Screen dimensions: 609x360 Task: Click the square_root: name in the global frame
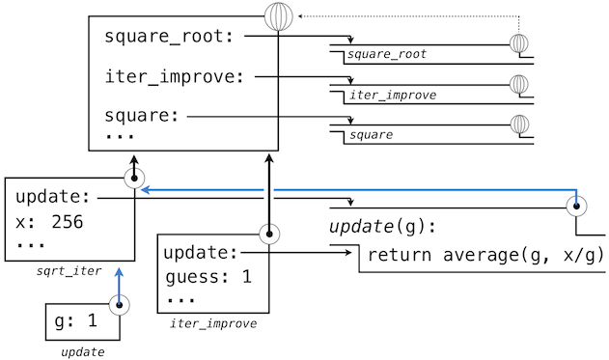(169, 37)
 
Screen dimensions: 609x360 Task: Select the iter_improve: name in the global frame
(175, 76)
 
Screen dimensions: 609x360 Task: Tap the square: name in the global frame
(142, 116)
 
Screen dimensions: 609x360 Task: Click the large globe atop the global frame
(279, 16)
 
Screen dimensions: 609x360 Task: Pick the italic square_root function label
(387, 54)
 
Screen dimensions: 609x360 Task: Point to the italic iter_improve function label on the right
(393, 96)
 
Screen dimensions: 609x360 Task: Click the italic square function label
(371, 135)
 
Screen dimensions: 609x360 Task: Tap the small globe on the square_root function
(519, 43)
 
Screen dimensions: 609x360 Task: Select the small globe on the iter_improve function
(519, 84)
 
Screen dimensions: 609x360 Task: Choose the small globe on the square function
(519, 125)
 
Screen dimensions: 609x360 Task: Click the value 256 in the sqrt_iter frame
(68, 222)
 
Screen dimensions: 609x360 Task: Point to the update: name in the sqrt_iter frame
(53, 197)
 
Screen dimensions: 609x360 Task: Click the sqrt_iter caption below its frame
(69, 270)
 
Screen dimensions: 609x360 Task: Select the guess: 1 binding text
(208, 277)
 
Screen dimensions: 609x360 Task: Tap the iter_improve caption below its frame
(213, 323)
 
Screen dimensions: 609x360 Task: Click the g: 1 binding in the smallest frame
(75, 320)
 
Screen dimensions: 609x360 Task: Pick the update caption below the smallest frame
(83, 352)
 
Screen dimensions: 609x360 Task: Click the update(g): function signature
(382, 227)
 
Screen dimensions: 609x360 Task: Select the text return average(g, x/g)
(485, 255)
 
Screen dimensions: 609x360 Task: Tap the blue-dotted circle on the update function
(576, 206)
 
